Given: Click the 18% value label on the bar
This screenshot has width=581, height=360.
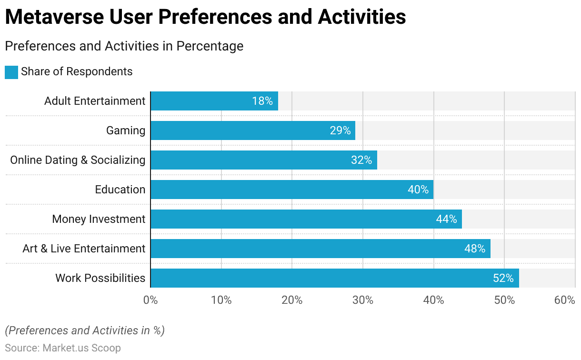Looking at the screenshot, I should tap(262, 101).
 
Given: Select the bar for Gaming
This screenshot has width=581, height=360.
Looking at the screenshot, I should tap(252, 130).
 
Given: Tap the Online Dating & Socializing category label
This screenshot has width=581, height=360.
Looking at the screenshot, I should tap(78, 160).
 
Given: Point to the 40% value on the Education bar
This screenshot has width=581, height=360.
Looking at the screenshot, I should tap(418, 190).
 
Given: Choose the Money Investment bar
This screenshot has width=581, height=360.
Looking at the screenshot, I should tap(306, 219).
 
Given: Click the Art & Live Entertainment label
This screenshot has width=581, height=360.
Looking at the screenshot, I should tap(84, 249).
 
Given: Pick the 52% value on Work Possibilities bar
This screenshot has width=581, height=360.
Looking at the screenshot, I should tap(503, 278).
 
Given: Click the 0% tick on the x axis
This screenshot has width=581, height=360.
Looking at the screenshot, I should tap(150, 300).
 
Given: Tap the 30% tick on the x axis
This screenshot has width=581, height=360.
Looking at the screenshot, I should tap(363, 300).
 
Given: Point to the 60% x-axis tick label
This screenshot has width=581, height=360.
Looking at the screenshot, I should tap(565, 300).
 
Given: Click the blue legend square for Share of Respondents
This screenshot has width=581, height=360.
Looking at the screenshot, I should tap(11, 72).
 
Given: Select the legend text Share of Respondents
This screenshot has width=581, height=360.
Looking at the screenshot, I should tap(77, 71).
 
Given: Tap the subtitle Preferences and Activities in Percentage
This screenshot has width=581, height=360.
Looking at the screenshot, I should tap(124, 46).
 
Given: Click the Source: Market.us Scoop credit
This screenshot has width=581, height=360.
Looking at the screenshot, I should tap(63, 348).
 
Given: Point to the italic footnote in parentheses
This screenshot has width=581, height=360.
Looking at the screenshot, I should tap(85, 330).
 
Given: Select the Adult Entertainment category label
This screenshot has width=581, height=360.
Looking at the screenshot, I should tap(95, 101).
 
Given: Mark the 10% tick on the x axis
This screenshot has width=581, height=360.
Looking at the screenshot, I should tap(221, 300).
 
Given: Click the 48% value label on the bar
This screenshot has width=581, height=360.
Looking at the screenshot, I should tap(475, 249).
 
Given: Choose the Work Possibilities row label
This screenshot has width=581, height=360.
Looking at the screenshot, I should tap(100, 278).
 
